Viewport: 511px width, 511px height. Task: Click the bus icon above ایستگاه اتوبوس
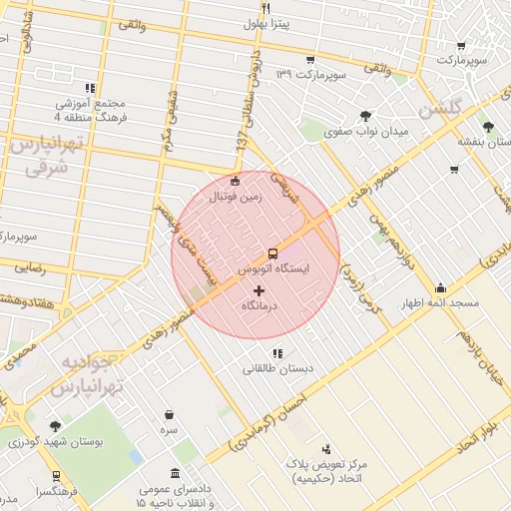tap(273, 254)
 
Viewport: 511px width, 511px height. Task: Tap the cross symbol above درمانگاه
tap(259, 290)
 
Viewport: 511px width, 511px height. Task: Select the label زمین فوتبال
tap(234, 198)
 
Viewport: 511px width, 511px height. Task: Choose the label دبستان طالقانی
tap(277, 368)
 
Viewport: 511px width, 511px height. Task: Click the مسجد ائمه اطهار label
tap(439, 301)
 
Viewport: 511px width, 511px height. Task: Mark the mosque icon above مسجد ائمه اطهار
tap(440, 286)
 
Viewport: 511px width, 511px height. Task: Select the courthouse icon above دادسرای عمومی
tap(176, 472)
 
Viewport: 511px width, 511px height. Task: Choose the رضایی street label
tap(29, 267)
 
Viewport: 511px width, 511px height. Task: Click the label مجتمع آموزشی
tap(92, 104)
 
